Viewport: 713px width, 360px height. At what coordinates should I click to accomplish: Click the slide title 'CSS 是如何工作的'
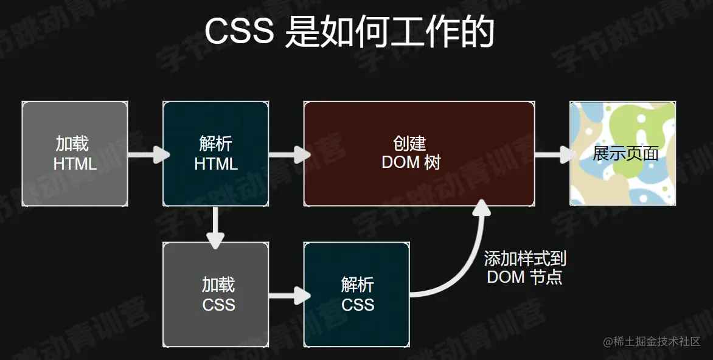click(349, 32)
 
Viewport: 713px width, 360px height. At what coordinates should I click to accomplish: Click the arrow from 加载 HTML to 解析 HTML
click(146, 154)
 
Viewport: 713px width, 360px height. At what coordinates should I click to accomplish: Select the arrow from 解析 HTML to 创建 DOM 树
click(287, 154)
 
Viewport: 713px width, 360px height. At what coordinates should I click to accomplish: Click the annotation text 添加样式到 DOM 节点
click(524, 268)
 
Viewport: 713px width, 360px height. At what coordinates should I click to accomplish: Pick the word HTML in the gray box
click(75, 164)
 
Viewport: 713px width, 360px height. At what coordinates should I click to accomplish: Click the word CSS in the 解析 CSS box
click(358, 305)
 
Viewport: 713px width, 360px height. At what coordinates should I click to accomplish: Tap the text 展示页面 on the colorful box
click(626, 153)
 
